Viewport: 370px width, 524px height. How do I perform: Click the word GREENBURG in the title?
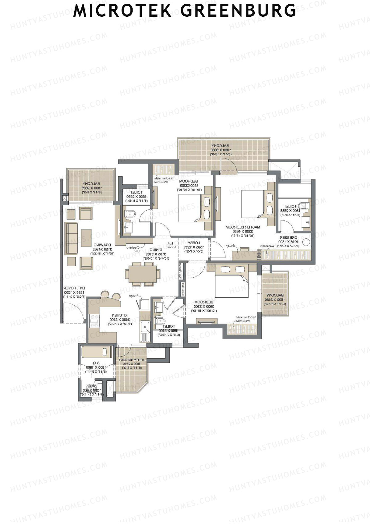click(x=238, y=10)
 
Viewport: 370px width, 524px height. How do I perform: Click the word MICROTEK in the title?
click(x=122, y=10)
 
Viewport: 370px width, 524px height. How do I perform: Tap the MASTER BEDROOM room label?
click(x=243, y=227)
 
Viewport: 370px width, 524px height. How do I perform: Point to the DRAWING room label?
click(x=100, y=245)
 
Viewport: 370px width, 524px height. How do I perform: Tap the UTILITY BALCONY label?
click(x=132, y=360)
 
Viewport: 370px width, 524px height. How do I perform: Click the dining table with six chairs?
click(x=142, y=274)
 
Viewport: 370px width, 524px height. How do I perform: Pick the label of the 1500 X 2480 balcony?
click(x=275, y=295)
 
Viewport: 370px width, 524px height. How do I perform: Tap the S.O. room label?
click(x=96, y=363)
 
